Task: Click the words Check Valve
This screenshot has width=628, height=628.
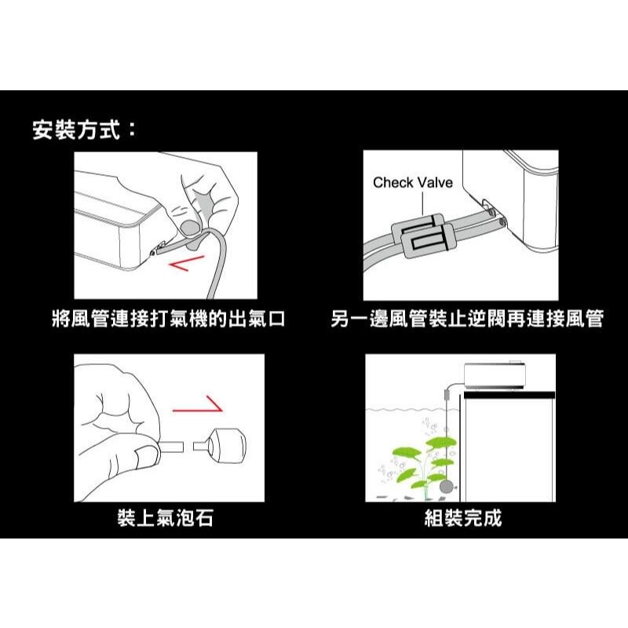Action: pyautogui.click(x=412, y=183)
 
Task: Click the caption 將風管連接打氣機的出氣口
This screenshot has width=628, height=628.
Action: pyautogui.click(x=166, y=319)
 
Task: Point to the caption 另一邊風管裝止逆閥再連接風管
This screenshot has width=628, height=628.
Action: pyautogui.click(x=466, y=319)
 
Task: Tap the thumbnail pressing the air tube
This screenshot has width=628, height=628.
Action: pyautogui.click(x=188, y=228)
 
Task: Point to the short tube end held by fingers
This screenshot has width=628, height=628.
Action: pyautogui.click(x=173, y=448)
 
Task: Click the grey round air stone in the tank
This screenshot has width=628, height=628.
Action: pyautogui.click(x=447, y=487)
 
